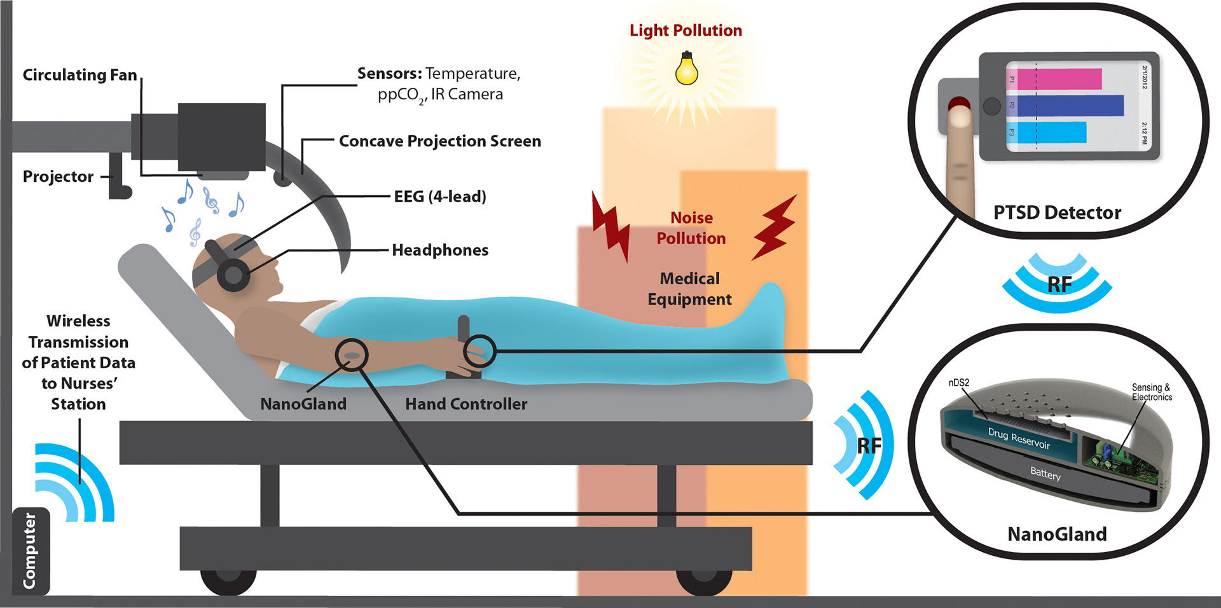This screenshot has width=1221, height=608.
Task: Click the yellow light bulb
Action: click(686, 70)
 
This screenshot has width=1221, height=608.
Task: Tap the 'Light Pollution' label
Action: click(686, 31)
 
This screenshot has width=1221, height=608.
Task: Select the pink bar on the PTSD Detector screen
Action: click(1059, 79)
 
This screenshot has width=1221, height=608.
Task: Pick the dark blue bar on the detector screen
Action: click(1070, 106)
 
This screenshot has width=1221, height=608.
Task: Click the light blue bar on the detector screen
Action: click(1051, 132)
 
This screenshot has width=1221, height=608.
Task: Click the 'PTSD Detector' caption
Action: click(1057, 212)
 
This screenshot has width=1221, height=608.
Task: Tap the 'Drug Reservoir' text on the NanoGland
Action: click(1019, 438)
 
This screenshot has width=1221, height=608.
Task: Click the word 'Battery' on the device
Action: click(1045, 474)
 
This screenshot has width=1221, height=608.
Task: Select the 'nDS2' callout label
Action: click(958, 383)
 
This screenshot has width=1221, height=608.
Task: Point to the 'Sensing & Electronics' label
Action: click(1151, 392)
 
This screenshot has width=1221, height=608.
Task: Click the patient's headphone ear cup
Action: click(233, 275)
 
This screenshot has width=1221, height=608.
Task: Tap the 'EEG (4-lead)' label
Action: click(440, 197)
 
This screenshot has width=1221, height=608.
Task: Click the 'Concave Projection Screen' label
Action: click(440, 141)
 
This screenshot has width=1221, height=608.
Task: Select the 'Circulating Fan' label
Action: click(79, 75)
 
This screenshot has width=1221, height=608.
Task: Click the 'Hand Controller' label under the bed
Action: click(466, 404)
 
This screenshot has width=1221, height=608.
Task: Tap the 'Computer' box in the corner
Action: click(30, 551)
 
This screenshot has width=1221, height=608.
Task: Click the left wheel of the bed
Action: click(228, 577)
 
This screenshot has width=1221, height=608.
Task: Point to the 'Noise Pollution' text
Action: click(691, 228)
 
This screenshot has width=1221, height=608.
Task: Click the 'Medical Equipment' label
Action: click(689, 289)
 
